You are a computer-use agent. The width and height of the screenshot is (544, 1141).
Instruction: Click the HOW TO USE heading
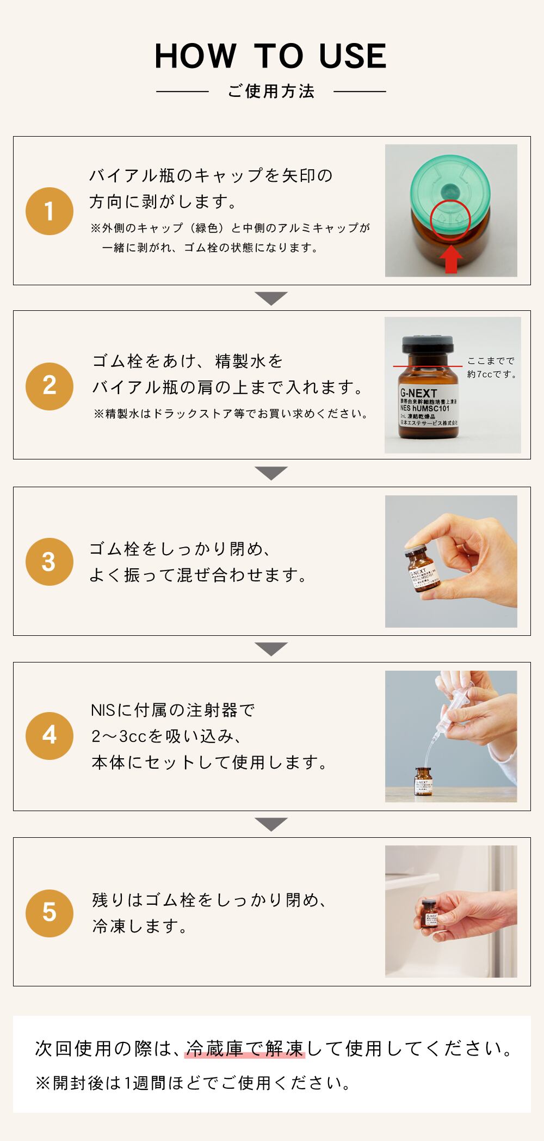[270, 56]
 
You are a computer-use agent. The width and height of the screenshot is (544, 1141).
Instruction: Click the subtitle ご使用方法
[271, 91]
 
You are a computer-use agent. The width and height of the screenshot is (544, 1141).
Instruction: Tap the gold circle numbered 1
[49, 211]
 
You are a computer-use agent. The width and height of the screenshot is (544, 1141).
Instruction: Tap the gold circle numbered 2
[49, 386]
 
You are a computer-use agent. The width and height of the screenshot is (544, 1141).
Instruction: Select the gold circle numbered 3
[49, 562]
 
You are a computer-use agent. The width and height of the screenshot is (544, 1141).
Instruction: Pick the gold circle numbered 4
[49, 736]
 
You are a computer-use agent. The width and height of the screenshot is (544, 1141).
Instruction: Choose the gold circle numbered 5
[49, 912]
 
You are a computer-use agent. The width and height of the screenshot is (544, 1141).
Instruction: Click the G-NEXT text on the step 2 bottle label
[418, 392]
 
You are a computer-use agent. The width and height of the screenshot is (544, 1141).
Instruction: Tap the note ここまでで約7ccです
[491, 367]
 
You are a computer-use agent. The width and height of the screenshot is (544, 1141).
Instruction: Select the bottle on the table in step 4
[424, 782]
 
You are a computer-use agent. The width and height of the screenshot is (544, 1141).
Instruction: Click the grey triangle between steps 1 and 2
[271, 298]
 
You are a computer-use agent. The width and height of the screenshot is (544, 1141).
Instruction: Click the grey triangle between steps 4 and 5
[271, 824]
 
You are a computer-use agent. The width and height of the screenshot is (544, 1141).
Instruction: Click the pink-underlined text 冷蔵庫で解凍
[245, 1048]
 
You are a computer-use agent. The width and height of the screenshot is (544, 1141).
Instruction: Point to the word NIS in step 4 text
[103, 710]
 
